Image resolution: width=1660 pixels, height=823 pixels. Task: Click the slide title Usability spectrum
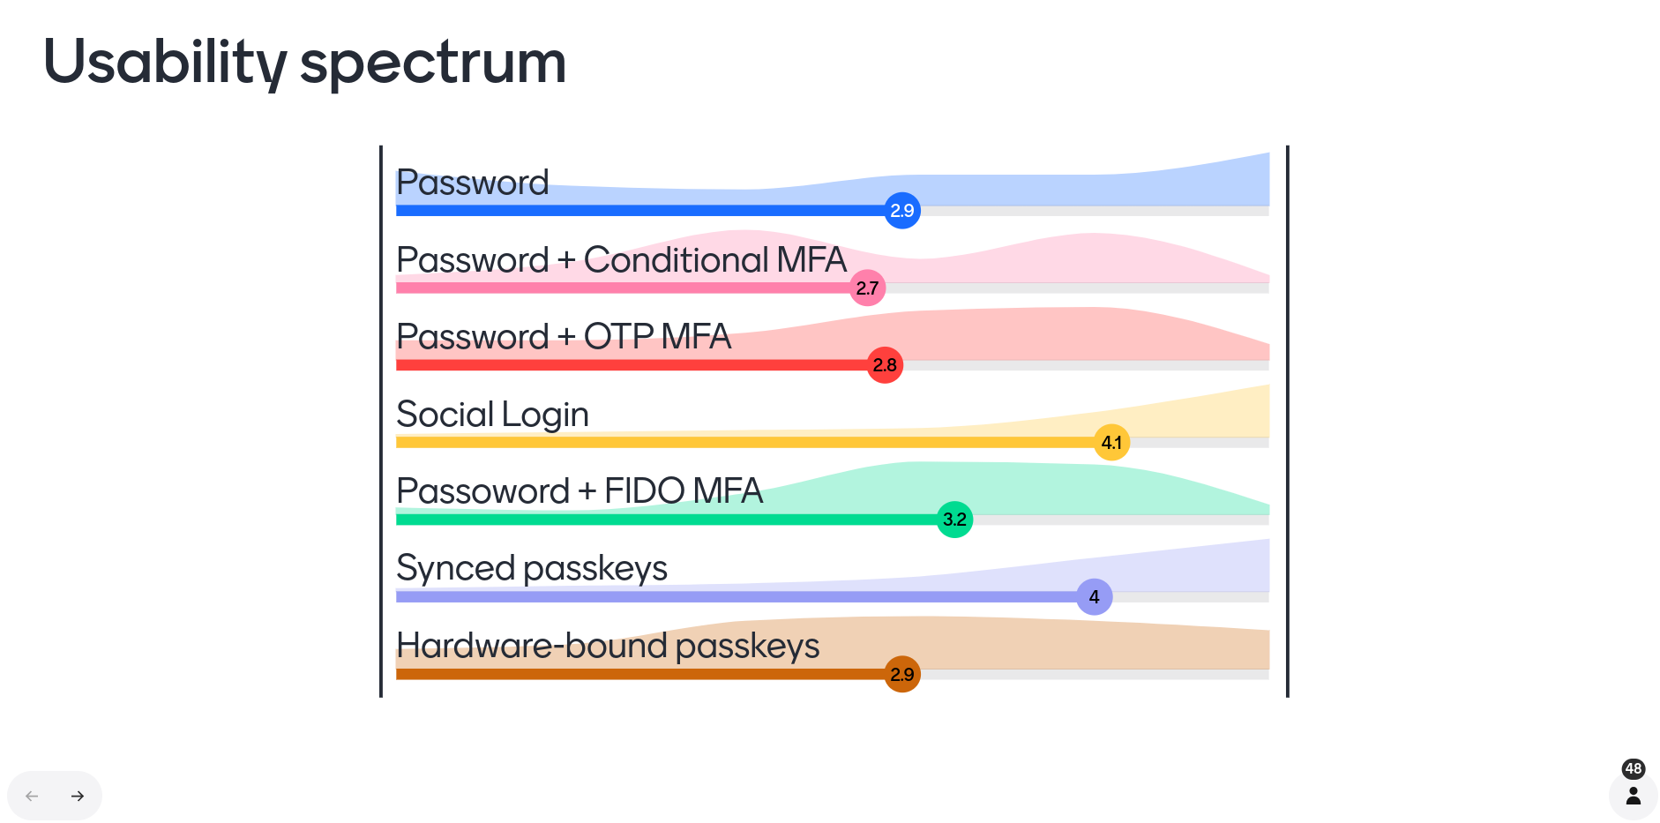[x=304, y=63]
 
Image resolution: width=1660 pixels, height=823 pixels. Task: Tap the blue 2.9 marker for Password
[x=902, y=211]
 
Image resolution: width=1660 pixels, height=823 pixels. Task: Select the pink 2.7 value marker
[x=867, y=288]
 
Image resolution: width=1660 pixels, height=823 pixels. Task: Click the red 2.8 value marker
[x=885, y=365]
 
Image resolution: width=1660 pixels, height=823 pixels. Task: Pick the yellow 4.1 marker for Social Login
[x=1111, y=442]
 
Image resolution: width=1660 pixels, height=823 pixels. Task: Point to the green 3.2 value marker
[x=954, y=520]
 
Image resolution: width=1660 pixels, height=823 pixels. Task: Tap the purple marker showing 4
[x=1094, y=596]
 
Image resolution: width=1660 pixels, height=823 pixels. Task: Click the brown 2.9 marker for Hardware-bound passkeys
[x=902, y=674]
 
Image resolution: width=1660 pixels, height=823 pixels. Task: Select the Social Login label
[x=492, y=415]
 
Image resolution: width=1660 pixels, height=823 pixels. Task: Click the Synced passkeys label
[x=532, y=568]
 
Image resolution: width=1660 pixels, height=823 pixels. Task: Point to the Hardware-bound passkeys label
[x=608, y=646]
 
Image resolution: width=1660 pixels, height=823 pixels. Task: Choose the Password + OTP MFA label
[x=564, y=337]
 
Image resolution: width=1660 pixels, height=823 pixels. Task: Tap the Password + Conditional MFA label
[x=621, y=260]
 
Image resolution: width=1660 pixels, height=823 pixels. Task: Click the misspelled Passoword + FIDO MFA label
[x=580, y=491]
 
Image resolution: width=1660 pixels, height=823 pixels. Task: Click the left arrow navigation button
[x=32, y=796]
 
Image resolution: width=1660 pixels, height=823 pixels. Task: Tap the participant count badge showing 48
[x=1634, y=768]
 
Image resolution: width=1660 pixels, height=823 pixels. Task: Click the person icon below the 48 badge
[x=1634, y=796]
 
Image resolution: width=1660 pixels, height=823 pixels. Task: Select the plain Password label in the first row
[x=473, y=183]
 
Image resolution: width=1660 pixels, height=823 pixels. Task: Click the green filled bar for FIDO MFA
[x=667, y=520]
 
